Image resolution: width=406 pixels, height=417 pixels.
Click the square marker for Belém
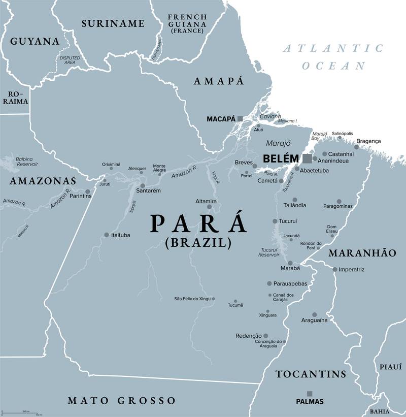tap(307, 159)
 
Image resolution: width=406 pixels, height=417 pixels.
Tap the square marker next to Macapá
tap(240, 119)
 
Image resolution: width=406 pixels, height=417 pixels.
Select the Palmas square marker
tap(309, 393)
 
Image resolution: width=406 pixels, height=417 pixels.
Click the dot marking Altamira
tap(209, 207)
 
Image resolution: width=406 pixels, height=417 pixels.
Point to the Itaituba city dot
tap(107, 235)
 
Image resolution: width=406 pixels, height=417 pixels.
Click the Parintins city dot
tap(88, 192)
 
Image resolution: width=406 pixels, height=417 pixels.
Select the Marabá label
tap(290, 268)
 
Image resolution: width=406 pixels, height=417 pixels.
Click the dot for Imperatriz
tap(335, 269)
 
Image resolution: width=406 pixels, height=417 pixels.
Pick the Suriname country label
tap(113, 23)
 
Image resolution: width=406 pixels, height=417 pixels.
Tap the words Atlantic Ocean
tap(333, 57)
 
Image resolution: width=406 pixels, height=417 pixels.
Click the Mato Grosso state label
tap(122, 401)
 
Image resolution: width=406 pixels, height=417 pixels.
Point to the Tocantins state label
tap(311, 374)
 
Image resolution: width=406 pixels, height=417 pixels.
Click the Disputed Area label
tap(70, 60)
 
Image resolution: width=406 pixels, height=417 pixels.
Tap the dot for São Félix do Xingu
tap(214, 299)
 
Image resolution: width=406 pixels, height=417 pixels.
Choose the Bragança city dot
tap(356, 147)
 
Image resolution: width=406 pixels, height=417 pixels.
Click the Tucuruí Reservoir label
tap(269, 252)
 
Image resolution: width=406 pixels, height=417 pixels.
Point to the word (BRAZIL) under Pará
tap(198, 243)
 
